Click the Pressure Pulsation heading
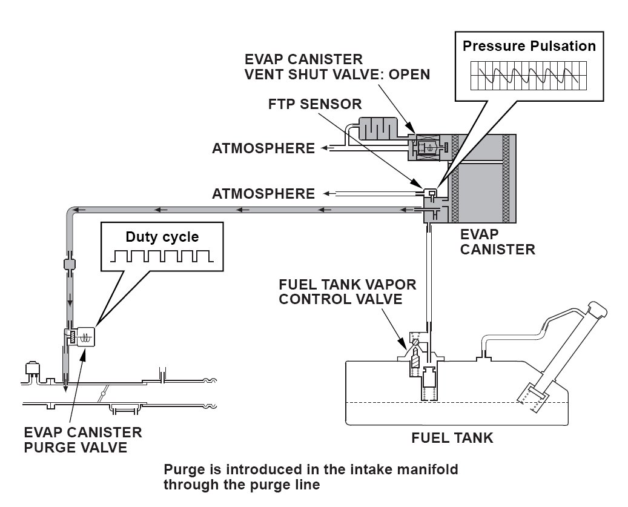point(529,46)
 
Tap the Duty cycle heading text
point(162,237)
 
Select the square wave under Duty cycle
point(162,256)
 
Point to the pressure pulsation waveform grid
point(529,76)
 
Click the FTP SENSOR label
point(315,104)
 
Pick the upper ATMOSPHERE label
point(263,148)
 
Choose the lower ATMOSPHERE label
point(263,194)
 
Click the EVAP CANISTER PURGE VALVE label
point(83,440)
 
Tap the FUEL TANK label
point(452,438)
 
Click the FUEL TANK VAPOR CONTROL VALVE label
point(347,292)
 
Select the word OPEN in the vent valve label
point(409,75)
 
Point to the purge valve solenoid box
point(86,336)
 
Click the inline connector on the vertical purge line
point(70,264)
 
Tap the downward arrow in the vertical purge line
point(70,301)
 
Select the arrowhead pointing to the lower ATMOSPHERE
point(327,194)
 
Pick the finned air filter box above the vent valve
point(378,128)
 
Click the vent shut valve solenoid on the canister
point(428,147)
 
